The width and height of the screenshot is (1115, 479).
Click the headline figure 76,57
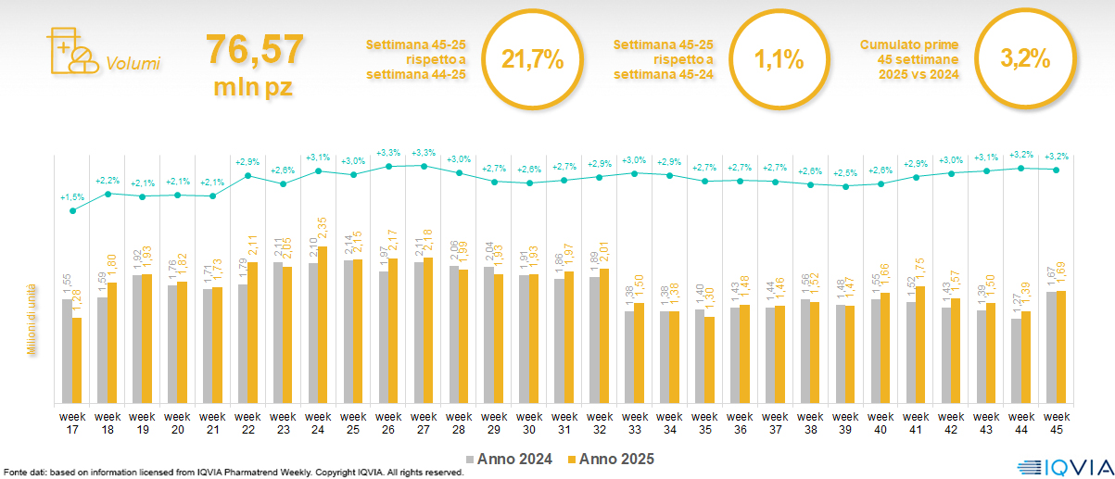coord(254,48)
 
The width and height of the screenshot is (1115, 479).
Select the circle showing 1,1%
coord(778,60)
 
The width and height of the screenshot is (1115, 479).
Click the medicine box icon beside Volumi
coord(70,49)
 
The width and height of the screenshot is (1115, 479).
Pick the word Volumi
coord(133,64)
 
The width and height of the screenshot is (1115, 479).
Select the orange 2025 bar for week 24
coord(323,324)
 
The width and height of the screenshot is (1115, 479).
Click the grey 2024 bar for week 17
coord(67,350)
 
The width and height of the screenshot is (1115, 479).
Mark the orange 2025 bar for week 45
coord(1061,347)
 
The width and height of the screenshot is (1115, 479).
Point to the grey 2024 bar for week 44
coord(1016,360)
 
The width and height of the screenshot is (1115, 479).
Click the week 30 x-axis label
coord(529,422)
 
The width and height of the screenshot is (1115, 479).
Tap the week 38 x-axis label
coord(811,422)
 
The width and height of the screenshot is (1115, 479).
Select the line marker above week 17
coord(72,210)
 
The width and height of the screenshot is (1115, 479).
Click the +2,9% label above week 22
coord(247,162)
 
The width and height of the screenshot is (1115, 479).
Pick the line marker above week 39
coord(845,186)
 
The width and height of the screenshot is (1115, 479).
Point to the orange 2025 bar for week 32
coord(604,335)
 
